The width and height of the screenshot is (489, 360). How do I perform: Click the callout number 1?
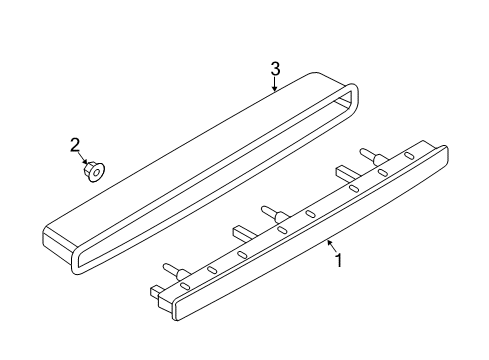pyautogui.click(x=338, y=260)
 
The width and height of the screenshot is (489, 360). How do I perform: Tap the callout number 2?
pyautogui.click(x=75, y=146)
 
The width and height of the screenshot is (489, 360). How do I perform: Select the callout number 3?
pyautogui.click(x=275, y=69)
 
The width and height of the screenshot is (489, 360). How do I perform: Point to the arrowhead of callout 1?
pyautogui.click(x=329, y=243)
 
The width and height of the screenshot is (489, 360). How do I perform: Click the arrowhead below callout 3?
pyautogui.click(x=274, y=88)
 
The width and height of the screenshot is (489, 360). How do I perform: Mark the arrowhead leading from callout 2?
pyautogui.click(x=86, y=162)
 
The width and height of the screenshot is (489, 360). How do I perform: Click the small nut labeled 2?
pyautogui.click(x=94, y=172)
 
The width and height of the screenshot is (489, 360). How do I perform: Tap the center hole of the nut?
pyautogui.click(x=96, y=173)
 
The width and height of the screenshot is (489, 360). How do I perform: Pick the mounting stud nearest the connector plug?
pyautogui.click(x=175, y=271)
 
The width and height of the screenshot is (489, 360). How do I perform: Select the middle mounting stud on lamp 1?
pyautogui.click(x=274, y=214)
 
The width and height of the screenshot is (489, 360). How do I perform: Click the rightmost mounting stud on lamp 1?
pyautogui.click(x=372, y=156)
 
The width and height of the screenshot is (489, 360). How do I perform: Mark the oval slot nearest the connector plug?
pyautogui.click(x=185, y=286)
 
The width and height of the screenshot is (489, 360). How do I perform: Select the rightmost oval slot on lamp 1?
pyautogui.click(x=408, y=155)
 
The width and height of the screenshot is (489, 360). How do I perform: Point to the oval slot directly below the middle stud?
pyautogui.click(x=282, y=229)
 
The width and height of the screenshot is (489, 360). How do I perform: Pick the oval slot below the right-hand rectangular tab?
pyautogui.click(x=353, y=188)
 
